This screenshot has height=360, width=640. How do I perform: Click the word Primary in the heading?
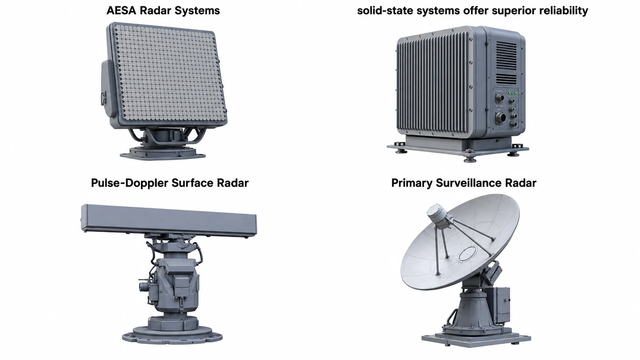coord(412,183)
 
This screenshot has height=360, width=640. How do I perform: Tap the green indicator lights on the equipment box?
coord(513,93)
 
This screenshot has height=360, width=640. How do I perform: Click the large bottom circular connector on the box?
coord(500,118)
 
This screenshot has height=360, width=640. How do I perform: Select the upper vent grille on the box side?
coord(506,56)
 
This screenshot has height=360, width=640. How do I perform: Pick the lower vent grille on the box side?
coord(506,79)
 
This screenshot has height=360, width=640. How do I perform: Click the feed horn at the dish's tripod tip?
coord(436,216)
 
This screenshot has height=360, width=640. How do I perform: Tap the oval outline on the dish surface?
coord(467,253)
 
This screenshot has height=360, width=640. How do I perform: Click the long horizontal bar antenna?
coord(168,221)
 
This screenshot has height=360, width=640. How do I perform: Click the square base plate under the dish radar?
coord(476,339)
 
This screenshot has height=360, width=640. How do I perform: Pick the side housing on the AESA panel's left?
coord(108,89)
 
